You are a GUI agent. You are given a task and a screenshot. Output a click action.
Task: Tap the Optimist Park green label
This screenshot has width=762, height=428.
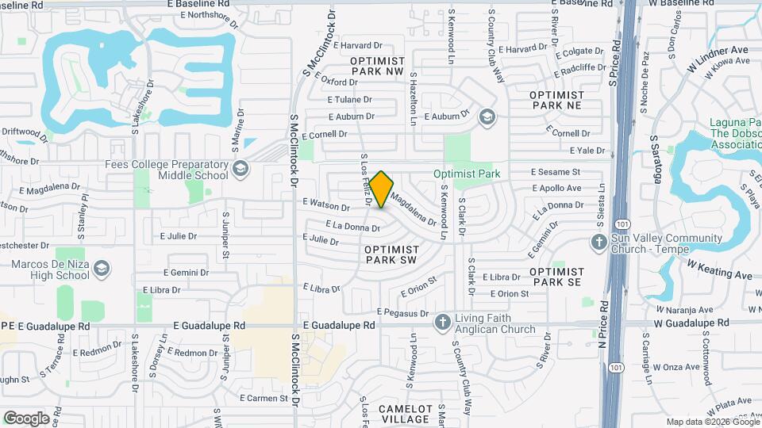tap(466, 174)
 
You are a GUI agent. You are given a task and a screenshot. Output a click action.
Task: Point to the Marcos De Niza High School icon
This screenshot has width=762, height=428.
tap(101, 269)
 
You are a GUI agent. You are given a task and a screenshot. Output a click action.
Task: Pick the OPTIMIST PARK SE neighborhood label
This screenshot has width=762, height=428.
tap(556, 276)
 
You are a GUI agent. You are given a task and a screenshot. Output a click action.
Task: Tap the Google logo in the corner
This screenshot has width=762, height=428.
tap(26, 418)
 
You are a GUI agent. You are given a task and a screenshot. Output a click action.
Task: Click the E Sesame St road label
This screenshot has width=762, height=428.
tap(556, 171)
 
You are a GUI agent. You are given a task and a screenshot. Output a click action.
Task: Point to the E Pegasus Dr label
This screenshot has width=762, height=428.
tap(402, 311)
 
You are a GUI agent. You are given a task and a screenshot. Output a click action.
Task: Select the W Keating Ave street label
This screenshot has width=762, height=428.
tap(719, 269)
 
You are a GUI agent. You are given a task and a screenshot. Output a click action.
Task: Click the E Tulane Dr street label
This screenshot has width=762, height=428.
tap(350, 100)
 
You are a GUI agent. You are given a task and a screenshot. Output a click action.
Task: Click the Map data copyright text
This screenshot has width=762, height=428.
tap(711, 422)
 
